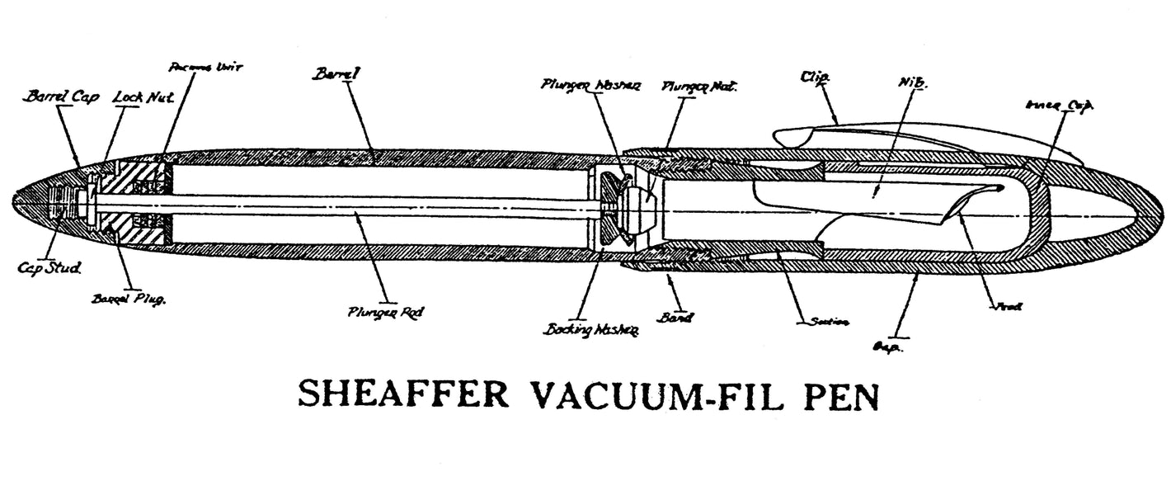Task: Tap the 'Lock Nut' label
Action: coord(141,97)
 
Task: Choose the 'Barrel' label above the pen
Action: coord(337,75)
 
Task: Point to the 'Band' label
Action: coord(680,318)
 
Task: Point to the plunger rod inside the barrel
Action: coord(371,204)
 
